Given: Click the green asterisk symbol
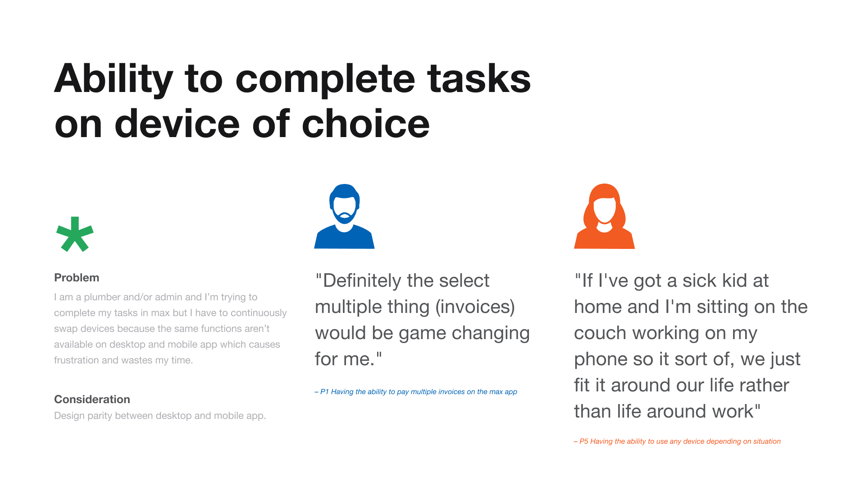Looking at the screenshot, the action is [75, 234].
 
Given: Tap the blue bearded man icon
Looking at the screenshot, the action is [344, 216].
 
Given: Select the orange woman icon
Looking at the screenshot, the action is [604, 216].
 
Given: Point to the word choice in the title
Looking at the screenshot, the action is [366, 124].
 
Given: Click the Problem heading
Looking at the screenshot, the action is [77, 278].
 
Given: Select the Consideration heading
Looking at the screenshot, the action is [92, 400].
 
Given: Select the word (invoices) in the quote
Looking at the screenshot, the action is [475, 308].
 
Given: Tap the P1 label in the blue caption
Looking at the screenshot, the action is [324, 392].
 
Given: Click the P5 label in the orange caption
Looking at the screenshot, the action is [584, 441].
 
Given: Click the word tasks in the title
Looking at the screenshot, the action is [479, 79].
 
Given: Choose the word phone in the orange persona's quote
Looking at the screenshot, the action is [601, 360].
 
